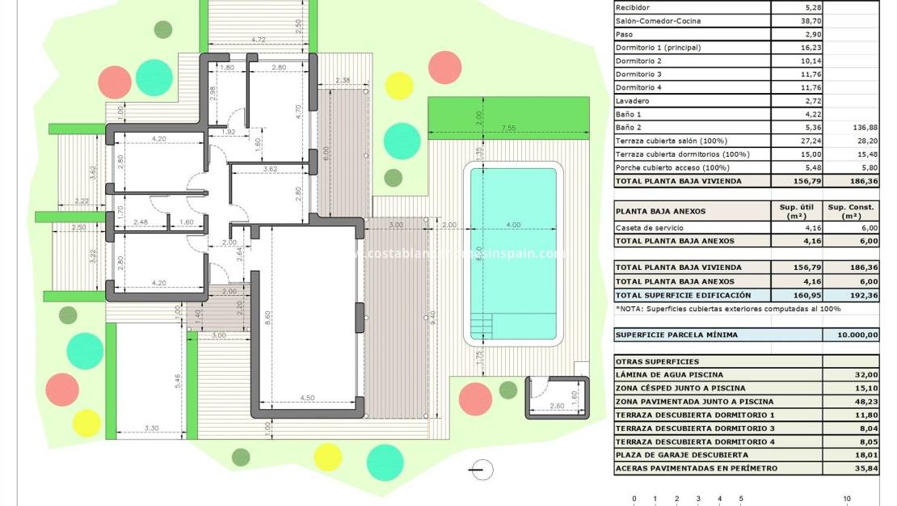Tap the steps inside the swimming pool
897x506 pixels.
(482, 327)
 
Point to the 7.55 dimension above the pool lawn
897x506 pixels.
(507, 128)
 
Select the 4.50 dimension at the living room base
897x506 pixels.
(307, 398)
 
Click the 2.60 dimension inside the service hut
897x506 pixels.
(557, 406)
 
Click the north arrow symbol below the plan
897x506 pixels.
(482, 468)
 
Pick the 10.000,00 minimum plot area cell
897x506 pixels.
(850, 335)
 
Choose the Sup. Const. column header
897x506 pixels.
(850, 212)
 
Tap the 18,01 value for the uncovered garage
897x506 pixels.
(865, 455)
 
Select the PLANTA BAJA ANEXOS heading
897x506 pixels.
(660, 212)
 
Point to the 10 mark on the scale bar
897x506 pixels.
(847, 499)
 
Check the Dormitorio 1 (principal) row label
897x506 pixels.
(658, 48)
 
